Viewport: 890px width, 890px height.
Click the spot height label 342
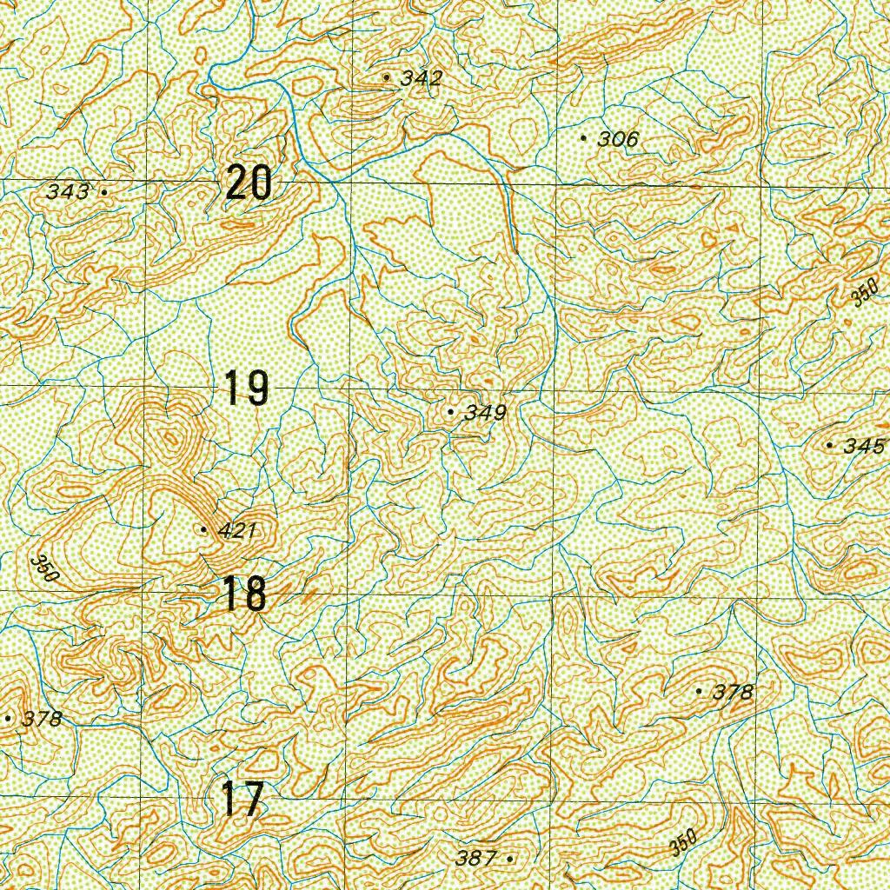(x=422, y=78)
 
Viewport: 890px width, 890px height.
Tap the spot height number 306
(x=618, y=139)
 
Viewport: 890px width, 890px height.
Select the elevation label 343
(x=68, y=191)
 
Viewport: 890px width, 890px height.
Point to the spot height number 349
(x=485, y=413)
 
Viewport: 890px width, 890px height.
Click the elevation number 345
(x=864, y=447)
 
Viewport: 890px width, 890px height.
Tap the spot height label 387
(x=475, y=859)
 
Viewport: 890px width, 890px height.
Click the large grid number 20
(x=249, y=183)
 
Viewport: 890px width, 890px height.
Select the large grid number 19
(x=246, y=388)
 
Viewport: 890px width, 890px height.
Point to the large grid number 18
(x=244, y=595)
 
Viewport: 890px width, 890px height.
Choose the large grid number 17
(x=242, y=800)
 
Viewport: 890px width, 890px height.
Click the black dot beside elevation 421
(x=203, y=529)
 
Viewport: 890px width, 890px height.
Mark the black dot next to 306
(x=583, y=137)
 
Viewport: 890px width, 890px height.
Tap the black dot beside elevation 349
(x=450, y=411)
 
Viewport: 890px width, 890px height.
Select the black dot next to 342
(x=386, y=77)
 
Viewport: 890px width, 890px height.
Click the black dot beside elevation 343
(x=104, y=191)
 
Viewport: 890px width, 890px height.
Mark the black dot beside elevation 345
(x=829, y=446)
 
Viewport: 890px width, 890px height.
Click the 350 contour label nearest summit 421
(x=43, y=568)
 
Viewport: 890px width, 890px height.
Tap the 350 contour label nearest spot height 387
(x=684, y=842)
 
